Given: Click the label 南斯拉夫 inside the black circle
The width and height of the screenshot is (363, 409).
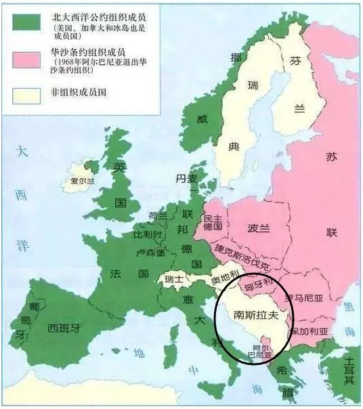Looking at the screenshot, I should [x=253, y=316].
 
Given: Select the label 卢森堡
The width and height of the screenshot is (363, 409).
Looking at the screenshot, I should [x=150, y=251].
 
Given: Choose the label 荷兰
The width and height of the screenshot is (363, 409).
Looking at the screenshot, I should [x=157, y=217].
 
